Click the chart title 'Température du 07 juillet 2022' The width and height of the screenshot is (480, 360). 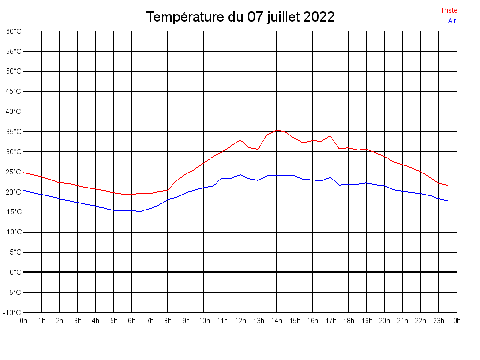click(x=240, y=17)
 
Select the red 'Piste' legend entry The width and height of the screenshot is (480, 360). click(x=449, y=10)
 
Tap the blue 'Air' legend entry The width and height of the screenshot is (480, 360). click(x=452, y=20)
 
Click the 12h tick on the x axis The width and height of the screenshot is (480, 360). click(x=240, y=321)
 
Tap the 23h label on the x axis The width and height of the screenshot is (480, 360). click(x=439, y=321)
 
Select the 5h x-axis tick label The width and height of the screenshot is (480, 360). click(x=114, y=321)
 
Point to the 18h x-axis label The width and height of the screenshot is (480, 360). click(x=348, y=321)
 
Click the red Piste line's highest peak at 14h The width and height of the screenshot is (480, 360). click(x=277, y=130)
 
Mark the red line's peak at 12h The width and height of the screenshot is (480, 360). click(x=240, y=140)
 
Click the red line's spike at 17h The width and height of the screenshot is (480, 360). click(x=330, y=136)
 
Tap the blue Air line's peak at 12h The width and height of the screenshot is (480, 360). click(x=240, y=175)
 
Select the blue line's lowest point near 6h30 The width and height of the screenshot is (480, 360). click(x=141, y=211)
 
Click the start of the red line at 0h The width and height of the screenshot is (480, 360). click(x=24, y=172)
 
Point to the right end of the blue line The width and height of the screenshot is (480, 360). click(x=447, y=201)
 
